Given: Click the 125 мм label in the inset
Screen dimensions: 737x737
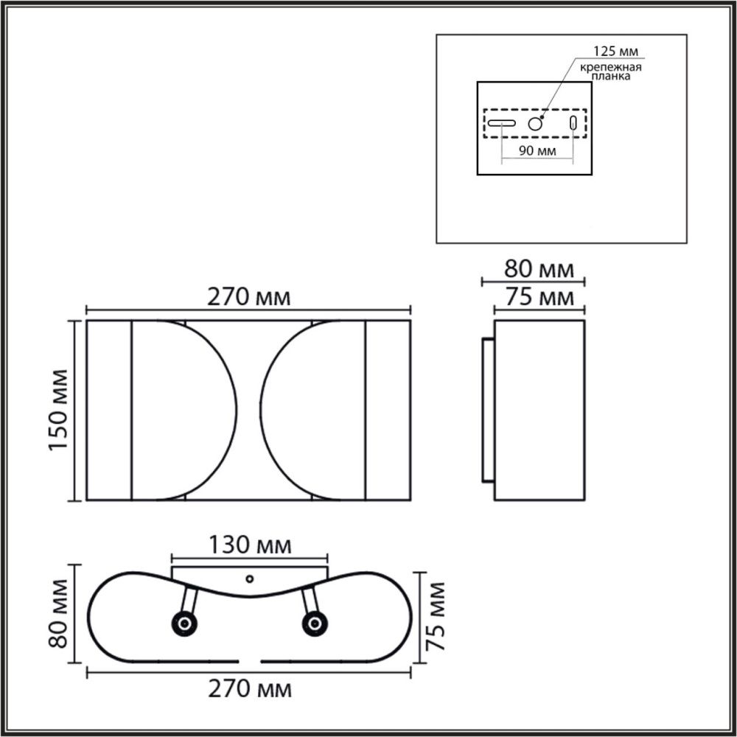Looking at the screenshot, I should pyautogui.click(x=616, y=52).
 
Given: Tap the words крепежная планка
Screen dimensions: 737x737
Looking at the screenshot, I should pyautogui.click(x=611, y=71).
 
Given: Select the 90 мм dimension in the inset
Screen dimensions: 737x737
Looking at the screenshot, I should pyautogui.click(x=537, y=151).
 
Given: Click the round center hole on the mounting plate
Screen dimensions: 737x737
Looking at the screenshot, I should pyautogui.click(x=535, y=125).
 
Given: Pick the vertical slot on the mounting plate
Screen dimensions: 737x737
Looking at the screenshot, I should pyautogui.click(x=573, y=124).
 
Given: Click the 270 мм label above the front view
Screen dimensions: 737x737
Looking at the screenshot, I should pyautogui.click(x=248, y=298).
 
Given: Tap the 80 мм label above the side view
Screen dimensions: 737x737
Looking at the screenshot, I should pyautogui.click(x=538, y=269).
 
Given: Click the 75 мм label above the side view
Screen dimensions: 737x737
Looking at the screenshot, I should pyautogui.click(x=538, y=297).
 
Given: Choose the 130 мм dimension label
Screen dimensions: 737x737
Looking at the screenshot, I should pyautogui.click(x=249, y=546).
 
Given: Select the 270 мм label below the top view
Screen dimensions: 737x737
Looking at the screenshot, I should pyautogui.click(x=249, y=689).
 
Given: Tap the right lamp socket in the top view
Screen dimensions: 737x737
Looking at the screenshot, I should pyautogui.click(x=315, y=624).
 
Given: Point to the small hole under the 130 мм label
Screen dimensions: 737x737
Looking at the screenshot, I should pyautogui.click(x=249, y=579).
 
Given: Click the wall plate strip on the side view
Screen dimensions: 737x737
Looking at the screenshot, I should pyautogui.click(x=488, y=410).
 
